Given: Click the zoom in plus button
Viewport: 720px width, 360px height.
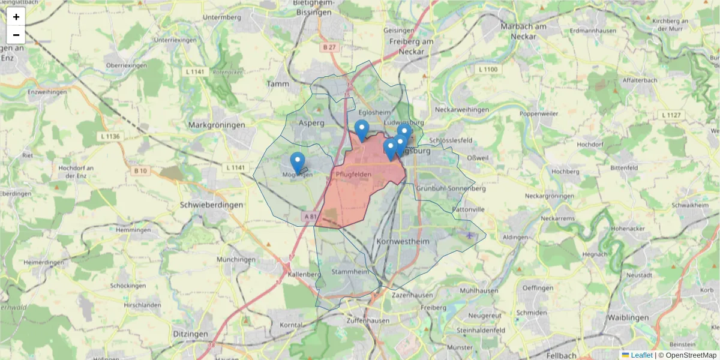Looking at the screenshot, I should [16, 17].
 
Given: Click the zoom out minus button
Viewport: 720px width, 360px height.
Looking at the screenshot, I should [16, 35].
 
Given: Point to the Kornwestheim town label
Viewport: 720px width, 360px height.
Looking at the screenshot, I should [403, 241].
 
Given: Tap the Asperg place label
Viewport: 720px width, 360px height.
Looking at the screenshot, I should [311, 122].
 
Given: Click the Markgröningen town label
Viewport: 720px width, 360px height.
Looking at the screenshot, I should [217, 125].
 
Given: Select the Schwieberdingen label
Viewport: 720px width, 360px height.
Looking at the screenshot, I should [211, 205].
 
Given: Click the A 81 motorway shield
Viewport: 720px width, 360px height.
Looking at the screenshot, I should [310, 216].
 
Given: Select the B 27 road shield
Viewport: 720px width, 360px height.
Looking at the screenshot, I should [328, 47].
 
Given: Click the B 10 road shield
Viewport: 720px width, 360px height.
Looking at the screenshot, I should [140, 171].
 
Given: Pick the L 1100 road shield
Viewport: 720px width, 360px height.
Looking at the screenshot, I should [488, 70].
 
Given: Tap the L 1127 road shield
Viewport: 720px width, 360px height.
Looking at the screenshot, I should [671, 115].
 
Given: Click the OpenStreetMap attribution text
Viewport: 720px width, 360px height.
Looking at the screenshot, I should [691, 355].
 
